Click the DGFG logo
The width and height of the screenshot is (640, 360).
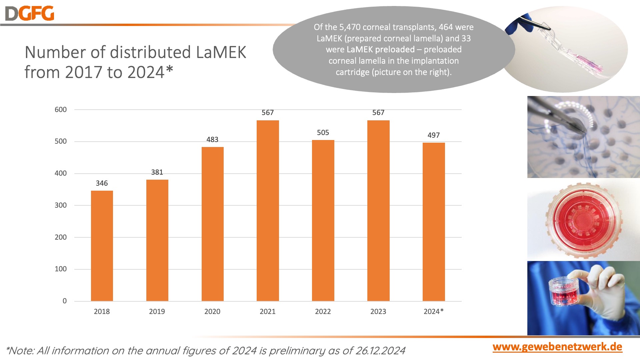29,14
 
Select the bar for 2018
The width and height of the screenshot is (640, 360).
102,246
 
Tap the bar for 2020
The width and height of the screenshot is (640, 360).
212,224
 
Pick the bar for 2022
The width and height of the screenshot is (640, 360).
323,220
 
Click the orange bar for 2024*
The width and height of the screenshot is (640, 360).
434,222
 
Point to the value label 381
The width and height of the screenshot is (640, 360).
157,172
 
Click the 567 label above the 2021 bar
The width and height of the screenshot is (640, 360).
268,113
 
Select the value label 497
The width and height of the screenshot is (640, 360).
434,135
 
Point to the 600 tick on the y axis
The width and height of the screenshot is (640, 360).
61,110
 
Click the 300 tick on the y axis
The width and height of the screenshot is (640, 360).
61,205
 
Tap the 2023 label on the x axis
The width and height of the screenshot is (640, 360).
378,312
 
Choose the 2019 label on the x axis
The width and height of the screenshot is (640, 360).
157,312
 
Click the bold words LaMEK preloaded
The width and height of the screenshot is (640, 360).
381,50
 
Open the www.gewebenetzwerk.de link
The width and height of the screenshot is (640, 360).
557,347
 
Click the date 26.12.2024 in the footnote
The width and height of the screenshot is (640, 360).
380,351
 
